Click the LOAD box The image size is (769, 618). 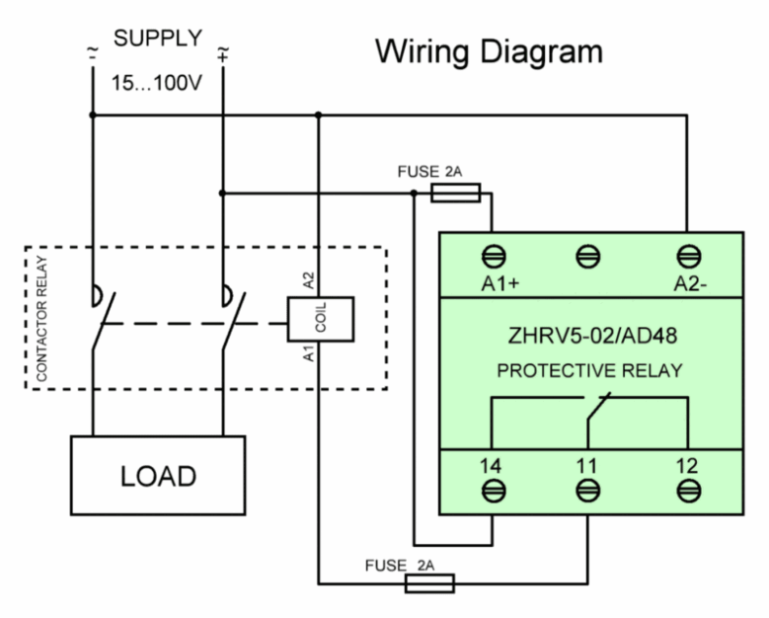(158, 475)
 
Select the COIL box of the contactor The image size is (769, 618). (321, 319)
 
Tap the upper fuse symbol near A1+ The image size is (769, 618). (456, 193)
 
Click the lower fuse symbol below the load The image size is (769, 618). (429, 583)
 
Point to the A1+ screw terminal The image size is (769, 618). (494, 257)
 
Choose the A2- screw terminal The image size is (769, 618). (689, 257)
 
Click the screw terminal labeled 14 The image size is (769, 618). (494, 491)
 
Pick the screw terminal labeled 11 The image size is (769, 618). (587, 491)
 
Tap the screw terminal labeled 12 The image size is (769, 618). (689, 491)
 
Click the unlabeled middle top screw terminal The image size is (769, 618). (587, 257)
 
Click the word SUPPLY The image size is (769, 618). (158, 39)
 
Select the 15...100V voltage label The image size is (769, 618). (156, 83)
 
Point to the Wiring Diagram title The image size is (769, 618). (489, 52)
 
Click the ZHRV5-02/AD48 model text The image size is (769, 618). (592, 336)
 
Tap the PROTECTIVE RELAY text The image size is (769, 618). (590, 371)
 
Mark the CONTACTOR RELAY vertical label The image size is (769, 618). (41, 319)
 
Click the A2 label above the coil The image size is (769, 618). (308, 281)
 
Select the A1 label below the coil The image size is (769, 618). (308, 353)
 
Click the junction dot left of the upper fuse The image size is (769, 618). (414, 193)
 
